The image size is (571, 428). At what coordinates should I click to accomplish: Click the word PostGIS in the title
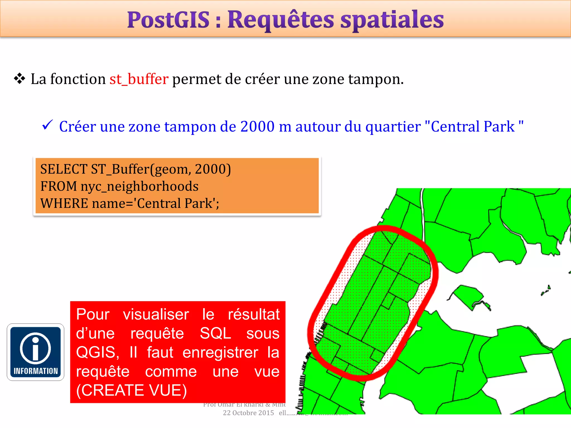point(168,20)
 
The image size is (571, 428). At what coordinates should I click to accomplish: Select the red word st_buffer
point(139,79)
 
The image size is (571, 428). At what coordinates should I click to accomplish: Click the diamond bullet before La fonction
point(20,79)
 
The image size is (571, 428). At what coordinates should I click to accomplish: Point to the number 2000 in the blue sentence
point(257,127)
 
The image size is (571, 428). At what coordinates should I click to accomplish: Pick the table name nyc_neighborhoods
point(139,186)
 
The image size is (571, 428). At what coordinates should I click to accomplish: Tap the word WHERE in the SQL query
point(64,203)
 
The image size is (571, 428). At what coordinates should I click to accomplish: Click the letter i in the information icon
point(35,348)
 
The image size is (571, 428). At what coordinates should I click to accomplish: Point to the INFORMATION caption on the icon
point(36,371)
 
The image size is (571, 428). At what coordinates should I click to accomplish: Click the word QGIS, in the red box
point(98,352)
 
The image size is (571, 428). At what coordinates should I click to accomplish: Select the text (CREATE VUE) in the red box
point(131,390)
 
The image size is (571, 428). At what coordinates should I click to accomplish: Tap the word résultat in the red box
point(254,314)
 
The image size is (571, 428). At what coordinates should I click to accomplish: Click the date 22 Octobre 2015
point(248,413)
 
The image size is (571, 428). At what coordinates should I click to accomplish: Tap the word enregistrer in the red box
point(220,352)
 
